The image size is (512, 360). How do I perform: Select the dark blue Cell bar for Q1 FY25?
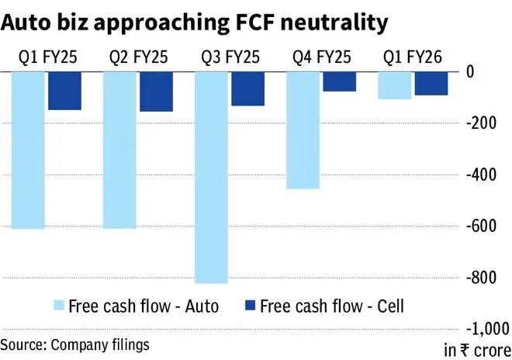(64, 91)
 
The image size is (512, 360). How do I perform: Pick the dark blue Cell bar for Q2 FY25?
(156, 92)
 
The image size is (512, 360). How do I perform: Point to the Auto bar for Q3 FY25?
(212, 178)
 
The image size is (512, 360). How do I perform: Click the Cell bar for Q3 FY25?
(247, 88)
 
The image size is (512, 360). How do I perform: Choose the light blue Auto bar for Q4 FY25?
(303, 130)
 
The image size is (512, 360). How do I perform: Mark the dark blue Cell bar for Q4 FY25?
(339, 81)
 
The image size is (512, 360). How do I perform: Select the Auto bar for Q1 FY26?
(394, 85)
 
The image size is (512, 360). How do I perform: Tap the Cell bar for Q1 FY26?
(431, 83)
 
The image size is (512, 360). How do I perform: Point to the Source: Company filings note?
(74, 343)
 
